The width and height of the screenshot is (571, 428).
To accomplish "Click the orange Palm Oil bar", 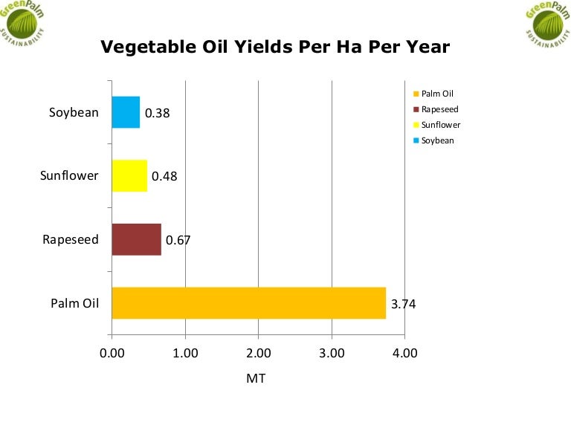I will point(249,303).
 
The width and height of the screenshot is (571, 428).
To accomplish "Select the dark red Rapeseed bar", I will point(137,240).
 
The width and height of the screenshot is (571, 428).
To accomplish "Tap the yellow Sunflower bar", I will point(129,176).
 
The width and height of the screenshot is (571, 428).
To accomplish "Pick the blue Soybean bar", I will point(126,113).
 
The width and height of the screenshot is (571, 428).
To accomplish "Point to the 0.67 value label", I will point(178,240).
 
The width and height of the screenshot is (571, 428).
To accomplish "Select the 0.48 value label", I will point(164,177).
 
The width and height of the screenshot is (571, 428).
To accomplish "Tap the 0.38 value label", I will point(158,114).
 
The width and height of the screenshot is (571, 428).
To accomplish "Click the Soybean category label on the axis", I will point(74,113).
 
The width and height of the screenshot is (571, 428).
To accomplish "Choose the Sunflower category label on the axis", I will point(69,176).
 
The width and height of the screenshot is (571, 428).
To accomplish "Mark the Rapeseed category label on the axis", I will point(71,240).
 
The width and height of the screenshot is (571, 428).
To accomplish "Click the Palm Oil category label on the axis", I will point(74,303).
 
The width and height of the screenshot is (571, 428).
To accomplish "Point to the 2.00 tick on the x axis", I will point(258,353).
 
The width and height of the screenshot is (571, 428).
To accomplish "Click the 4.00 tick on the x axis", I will point(404,353).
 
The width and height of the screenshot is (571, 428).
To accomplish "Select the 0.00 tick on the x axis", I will point(112,353).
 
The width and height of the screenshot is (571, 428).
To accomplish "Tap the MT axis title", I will point(256,378).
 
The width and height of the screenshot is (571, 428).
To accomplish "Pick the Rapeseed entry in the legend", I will point(439,109).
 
